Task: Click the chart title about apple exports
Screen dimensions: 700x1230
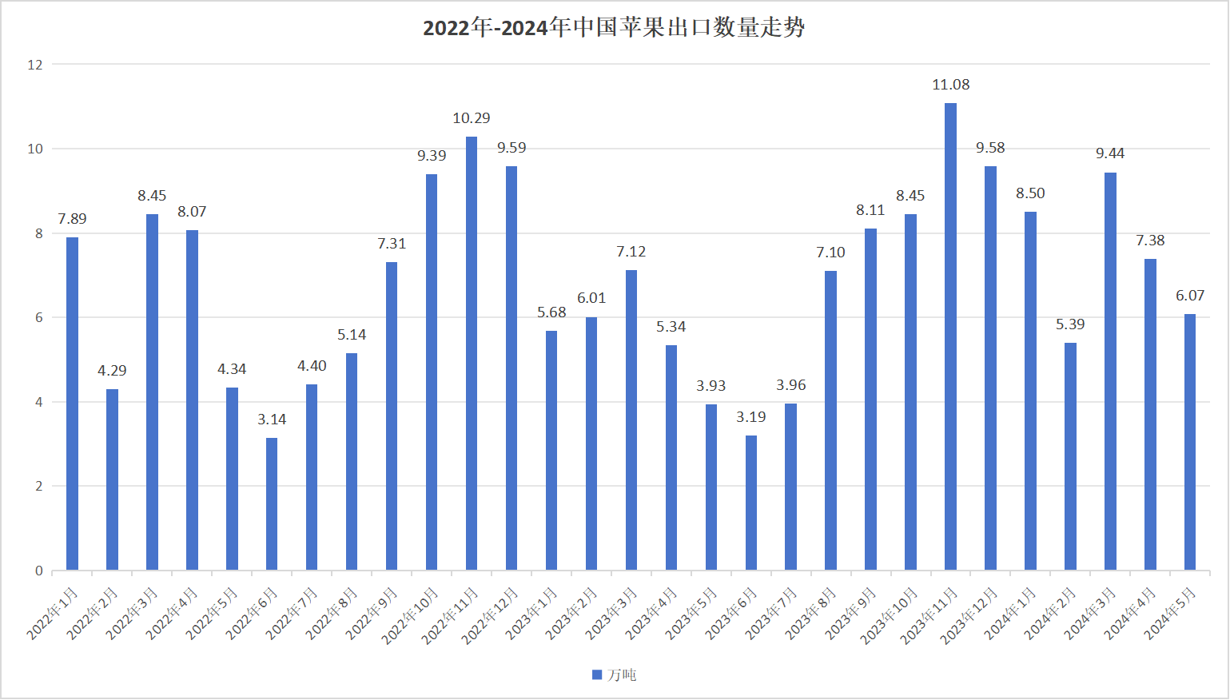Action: (x=614, y=28)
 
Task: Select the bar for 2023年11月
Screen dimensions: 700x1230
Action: (x=950, y=336)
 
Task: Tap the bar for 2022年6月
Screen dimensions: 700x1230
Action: (x=272, y=503)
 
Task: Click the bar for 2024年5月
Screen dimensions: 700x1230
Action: (x=1190, y=442)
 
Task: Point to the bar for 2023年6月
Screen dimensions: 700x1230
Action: (x=751, y=503)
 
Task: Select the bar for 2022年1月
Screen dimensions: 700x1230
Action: (x=72, y=404)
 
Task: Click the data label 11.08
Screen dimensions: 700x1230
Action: (x=950, y=85)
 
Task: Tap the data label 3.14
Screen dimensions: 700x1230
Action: (x=272, y=420)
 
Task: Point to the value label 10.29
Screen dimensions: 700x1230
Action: (x=472, y=118)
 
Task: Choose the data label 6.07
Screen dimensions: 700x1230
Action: (x=1190, y=296)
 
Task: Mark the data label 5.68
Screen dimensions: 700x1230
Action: (x=551, y=312)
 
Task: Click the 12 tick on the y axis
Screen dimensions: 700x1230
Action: (x=35, y=65)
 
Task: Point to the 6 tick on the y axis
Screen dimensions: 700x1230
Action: (x=38, y=317)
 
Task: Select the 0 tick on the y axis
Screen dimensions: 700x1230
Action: (x=38, y=571)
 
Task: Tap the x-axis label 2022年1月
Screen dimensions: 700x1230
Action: (x=53, y=613)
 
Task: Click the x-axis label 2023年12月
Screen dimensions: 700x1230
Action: (x=969, y=615)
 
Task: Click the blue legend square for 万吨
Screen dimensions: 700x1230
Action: (x=597, y=675)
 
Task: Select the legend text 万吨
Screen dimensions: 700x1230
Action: (x=622, y=675)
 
